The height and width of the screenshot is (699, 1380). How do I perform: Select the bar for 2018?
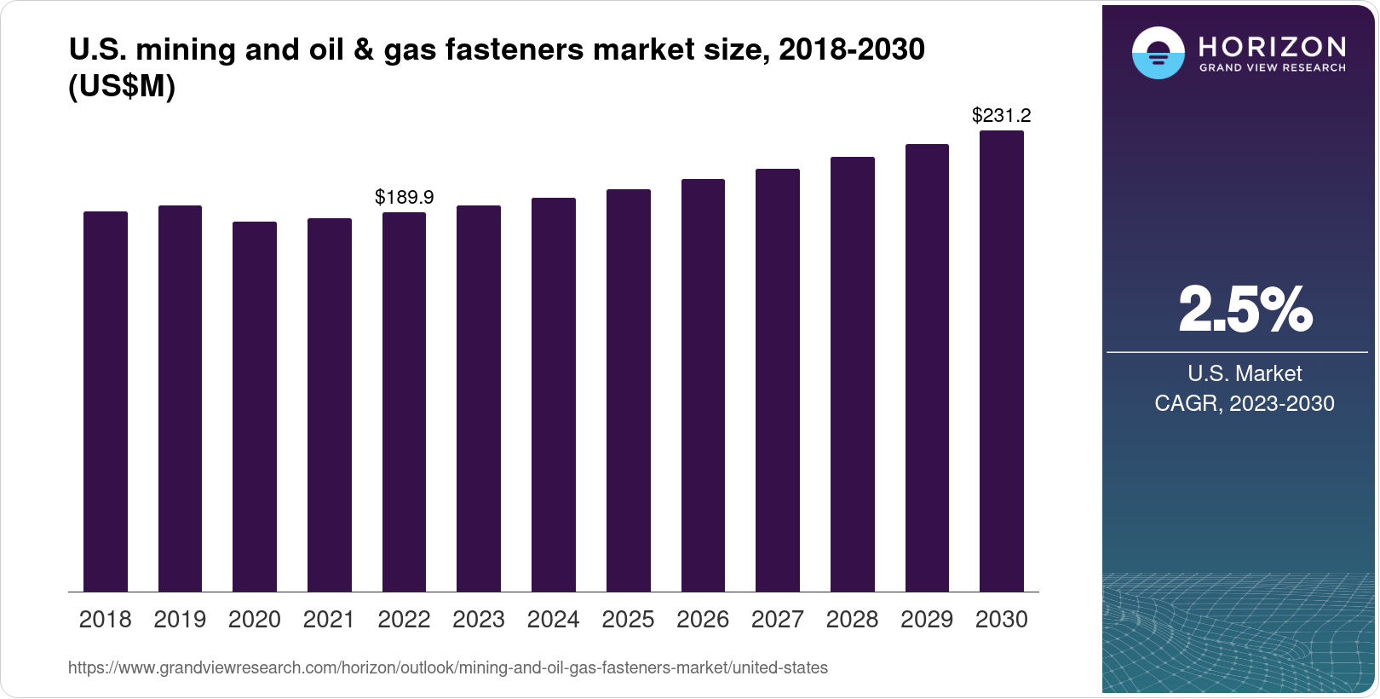(106, 401)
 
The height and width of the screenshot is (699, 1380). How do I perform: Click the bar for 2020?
(255, 407)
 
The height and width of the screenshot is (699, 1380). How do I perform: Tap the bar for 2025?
(628, 390)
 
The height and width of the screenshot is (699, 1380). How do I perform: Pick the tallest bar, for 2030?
(1002, 361)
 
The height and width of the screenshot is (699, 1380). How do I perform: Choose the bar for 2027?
(778, 380)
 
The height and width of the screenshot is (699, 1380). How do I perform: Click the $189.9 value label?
(405, 197)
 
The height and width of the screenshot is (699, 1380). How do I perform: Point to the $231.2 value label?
(1002, 115)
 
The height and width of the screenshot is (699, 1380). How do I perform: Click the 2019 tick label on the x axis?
(180, 620)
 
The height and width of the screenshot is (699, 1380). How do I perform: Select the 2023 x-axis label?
(479, 620)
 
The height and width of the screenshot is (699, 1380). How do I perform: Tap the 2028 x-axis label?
(852, 620)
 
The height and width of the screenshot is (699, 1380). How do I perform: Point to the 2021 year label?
(329, 620)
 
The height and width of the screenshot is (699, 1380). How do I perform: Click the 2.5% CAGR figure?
(1245, 309)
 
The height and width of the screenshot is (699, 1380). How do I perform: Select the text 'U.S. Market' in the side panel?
(1245, 373)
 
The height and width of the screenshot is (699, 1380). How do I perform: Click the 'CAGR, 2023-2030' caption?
(1245, 403)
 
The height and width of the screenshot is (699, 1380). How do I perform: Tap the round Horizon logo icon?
(1158, 53)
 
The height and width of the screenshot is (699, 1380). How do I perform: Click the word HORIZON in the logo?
(1273, 46)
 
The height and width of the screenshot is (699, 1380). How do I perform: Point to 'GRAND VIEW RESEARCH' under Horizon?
(1273, 67)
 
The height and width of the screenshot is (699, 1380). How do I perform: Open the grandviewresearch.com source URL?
(448, 667)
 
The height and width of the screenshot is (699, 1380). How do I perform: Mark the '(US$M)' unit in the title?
(122, 86)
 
